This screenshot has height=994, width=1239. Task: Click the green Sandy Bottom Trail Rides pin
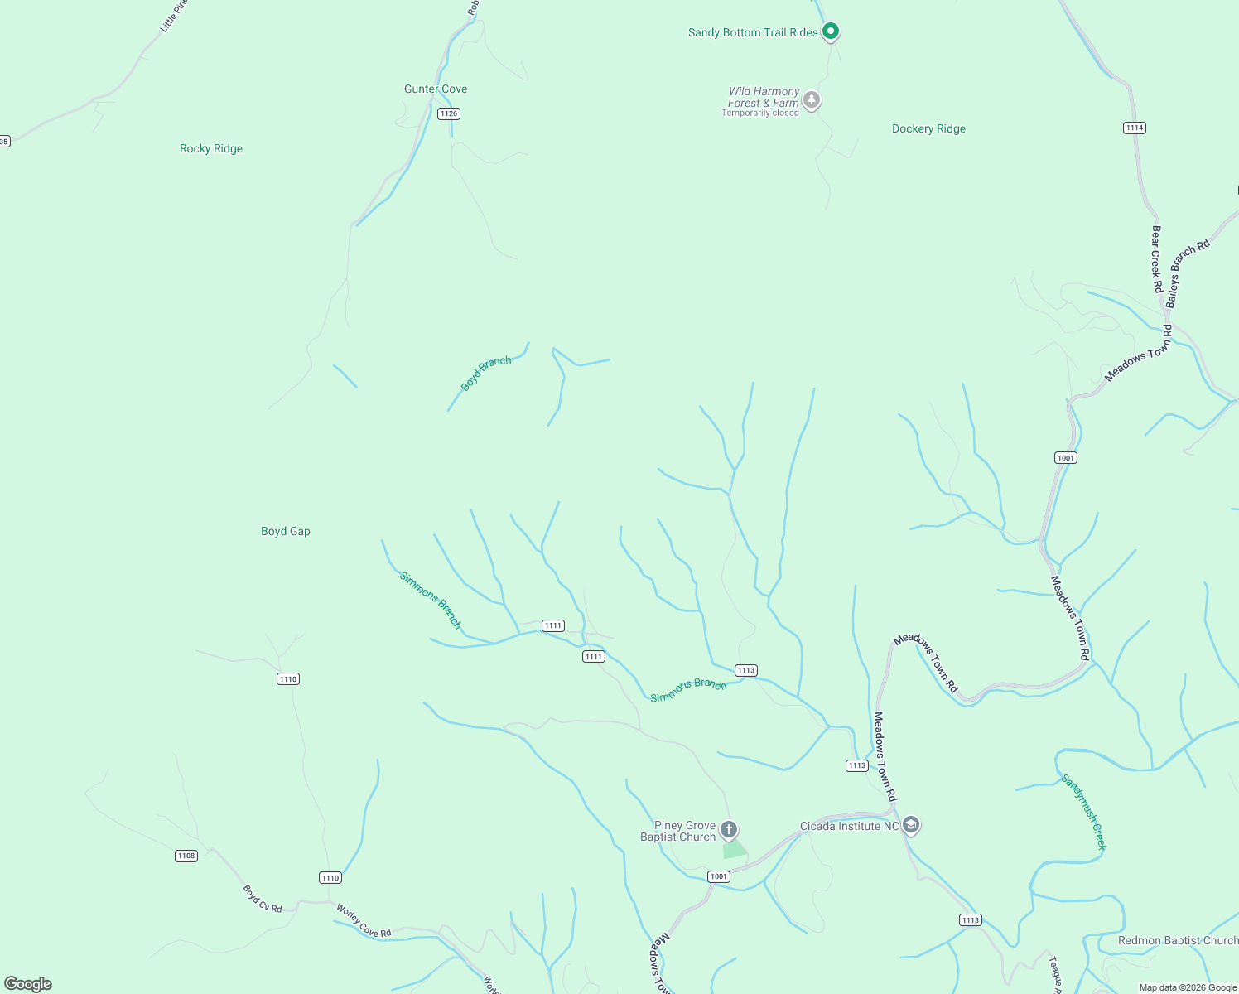831,31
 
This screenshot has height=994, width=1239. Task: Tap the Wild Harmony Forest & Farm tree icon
812,100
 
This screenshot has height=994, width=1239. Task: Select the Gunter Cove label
436,89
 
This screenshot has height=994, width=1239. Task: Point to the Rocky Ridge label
211,149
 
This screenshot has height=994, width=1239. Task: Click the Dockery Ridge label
928,129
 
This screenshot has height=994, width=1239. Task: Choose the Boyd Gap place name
286,532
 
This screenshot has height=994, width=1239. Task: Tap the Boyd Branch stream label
486,374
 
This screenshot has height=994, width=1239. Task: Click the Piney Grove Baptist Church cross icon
729,829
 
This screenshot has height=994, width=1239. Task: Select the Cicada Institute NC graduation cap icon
911,825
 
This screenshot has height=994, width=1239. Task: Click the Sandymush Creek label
1083,812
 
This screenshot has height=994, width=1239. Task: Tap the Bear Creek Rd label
1156,258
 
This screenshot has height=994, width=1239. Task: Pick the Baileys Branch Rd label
1188,273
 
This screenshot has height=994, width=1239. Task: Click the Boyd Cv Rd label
263,899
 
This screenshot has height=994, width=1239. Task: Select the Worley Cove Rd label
364,921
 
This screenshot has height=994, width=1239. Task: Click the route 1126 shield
449,113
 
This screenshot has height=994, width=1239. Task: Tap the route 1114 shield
1135,128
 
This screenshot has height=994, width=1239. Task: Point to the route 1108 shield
186,856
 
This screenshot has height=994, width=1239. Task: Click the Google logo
28,984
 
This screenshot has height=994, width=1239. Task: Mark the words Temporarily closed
759,113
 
